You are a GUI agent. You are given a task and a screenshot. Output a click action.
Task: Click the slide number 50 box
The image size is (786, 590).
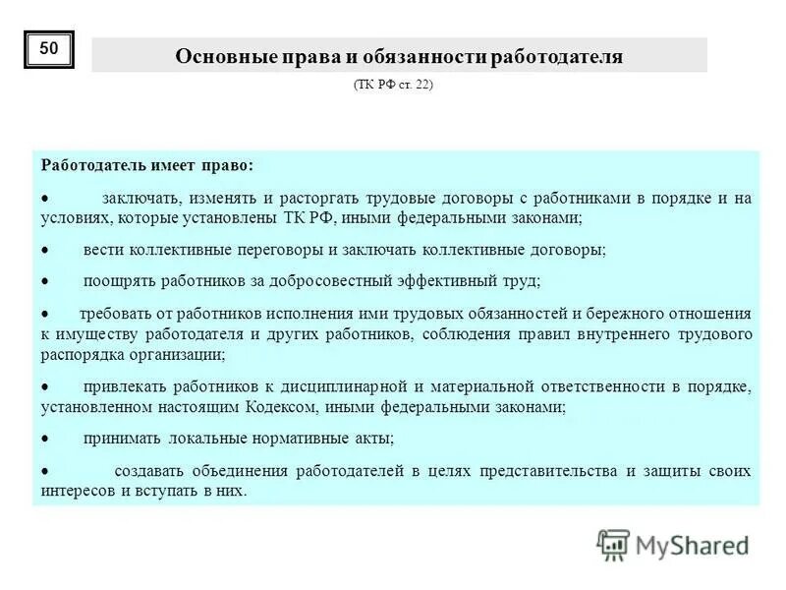point(49,48)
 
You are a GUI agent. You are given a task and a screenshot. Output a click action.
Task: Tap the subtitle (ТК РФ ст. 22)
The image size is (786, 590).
point(393,86)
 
